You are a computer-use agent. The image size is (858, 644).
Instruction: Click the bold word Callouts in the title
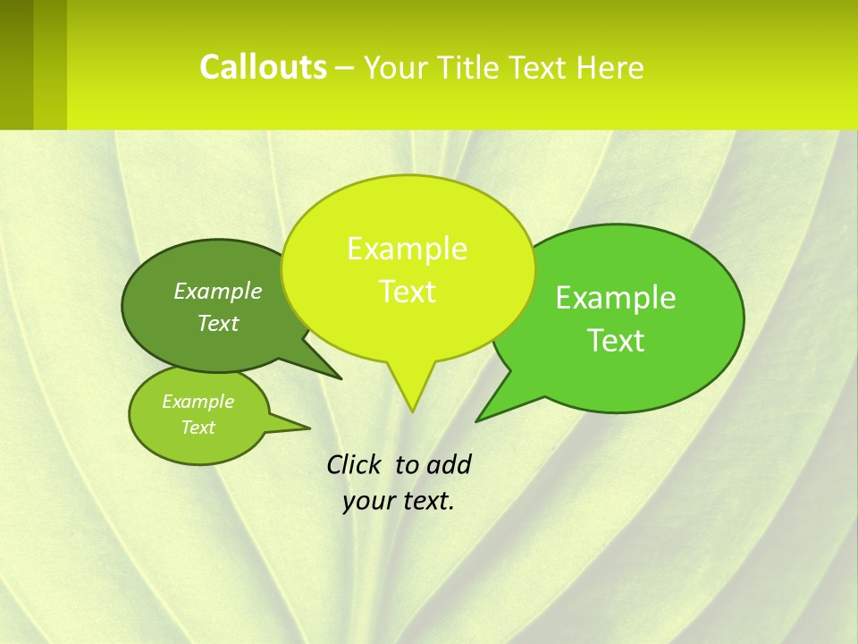(263, 67)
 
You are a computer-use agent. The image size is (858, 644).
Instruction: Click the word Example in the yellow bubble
(407, 249)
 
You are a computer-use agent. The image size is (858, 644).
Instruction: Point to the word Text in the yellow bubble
(407, 292)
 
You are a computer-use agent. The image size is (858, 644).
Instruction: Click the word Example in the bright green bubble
(616, 298)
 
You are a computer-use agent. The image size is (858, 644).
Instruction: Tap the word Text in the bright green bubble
(616, 341)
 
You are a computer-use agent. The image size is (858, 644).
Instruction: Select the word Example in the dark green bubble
(218, 292)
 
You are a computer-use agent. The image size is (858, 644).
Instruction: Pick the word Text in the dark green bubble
(218, 324)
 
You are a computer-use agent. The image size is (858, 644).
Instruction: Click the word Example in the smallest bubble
(198, 402)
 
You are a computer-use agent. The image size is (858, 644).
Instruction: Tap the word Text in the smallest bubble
(198, 428)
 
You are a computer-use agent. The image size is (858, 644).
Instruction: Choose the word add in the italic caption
(448, 464)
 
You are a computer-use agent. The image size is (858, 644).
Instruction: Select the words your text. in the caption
(399, 501)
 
